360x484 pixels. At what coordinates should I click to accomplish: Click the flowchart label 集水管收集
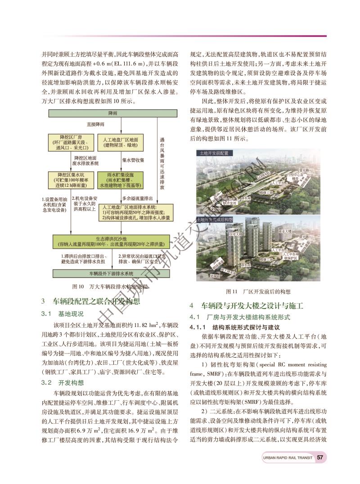133,160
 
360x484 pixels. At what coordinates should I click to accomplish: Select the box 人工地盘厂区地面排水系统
136,212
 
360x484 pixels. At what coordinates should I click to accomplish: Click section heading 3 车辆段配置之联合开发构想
90,301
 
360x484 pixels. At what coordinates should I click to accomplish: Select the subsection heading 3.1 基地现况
63,313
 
